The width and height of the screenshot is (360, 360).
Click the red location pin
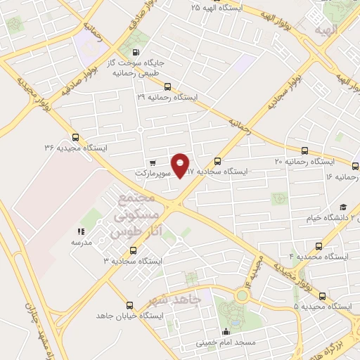pyautogui.click(x=181, y=165)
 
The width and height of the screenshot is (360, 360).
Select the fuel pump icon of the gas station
pyautogui.click(x=136, y=51)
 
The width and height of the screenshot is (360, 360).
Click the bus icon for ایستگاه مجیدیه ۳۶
pyautogui.click(x=76, y=138)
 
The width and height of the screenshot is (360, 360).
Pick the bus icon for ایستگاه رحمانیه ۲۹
pyautogui.click(x=167, y=88)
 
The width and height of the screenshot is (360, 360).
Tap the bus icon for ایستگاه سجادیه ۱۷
pyautogui.click(x=218, y=161)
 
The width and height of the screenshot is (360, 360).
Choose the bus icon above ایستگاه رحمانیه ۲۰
pyautogui.click(x=304, y=150)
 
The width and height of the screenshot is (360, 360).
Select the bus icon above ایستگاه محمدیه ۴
pyautogui.click(x=320, y=246)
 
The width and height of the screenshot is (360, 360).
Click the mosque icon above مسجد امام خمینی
pyautogui.click(x=226, y=333)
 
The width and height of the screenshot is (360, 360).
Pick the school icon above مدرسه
pyautogui.click(x=81, y=231)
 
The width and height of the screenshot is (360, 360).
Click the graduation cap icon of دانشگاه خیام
pyautogui.click(x=343, y=207)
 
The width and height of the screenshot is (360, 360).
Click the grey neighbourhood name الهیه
pyautogui.click(x=328, y=30)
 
